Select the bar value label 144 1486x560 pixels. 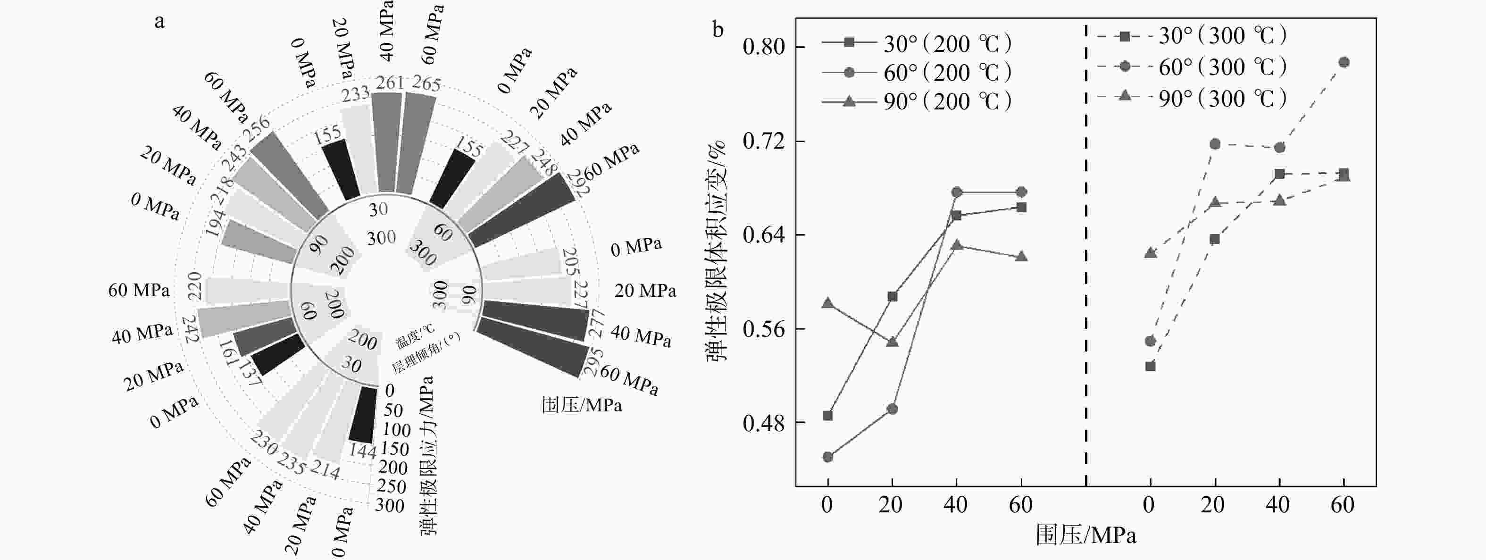tap(362, 451)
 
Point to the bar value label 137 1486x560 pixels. tap(250, 373)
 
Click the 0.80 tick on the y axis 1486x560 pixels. tap(764, 47)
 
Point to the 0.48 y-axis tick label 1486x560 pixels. tap(764, 423)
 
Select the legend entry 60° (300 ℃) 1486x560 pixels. tap(1223, 67)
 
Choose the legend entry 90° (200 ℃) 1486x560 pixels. tap(948, 101)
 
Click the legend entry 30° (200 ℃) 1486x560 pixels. tap(948, 44)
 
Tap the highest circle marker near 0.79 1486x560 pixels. tap(1344, 62)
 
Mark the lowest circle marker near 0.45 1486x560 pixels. tap(828, 457)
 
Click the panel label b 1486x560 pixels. tap(718, 29)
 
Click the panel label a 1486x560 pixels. tap(159, 22)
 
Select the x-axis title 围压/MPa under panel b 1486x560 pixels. tap(1085, 535)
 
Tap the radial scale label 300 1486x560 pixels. tap(389, 506)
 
